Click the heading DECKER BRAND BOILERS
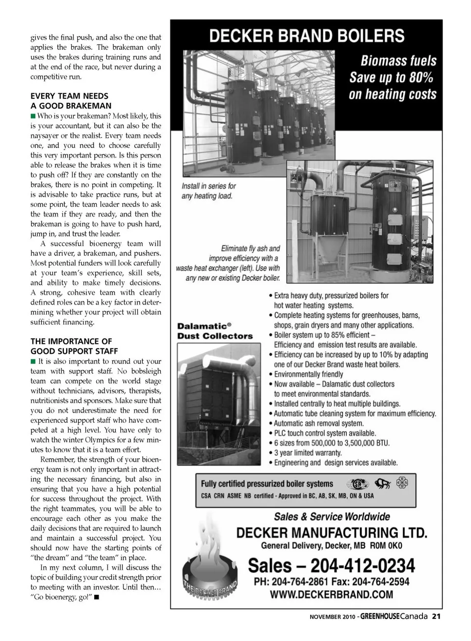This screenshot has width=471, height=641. [x=307, y=36]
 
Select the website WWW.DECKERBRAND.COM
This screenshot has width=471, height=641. [x=331, y=595]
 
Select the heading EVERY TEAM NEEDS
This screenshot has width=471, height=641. [x=69, y=96]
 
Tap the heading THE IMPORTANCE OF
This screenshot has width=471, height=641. [x=71, y=341]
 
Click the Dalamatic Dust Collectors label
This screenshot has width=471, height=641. [x=215, y=331]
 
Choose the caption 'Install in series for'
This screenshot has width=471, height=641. [x=209, y=186]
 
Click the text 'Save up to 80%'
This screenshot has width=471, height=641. [x=391, y=78]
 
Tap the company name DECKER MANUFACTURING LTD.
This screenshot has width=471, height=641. [x=332, y=532]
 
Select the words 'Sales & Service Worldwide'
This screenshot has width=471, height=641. [x=332, y=517]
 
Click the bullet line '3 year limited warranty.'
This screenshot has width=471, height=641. [x=308, y=453]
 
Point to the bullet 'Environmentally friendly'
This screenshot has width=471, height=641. [x=309, y=374]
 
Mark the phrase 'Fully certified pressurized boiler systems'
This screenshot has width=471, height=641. [x=267, y=484]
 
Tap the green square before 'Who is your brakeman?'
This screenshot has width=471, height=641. [x=33, y=116]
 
